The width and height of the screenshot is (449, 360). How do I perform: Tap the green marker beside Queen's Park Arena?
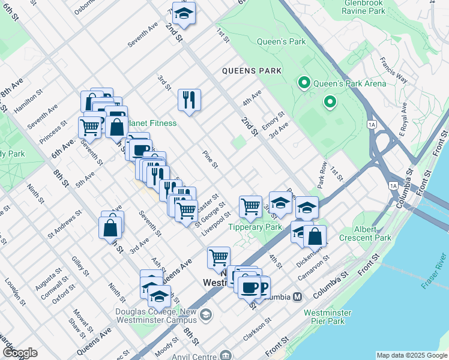point(304,83)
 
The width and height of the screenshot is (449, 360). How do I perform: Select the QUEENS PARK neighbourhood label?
point(252,71)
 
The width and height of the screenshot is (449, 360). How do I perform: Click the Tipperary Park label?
point(255,227)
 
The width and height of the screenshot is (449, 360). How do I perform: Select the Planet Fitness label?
point(154,123)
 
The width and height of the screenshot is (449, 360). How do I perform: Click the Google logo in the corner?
point(20,353)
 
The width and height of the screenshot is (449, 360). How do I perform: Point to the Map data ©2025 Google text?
point(411,355)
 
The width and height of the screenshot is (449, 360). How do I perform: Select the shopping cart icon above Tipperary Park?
point(250,206)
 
